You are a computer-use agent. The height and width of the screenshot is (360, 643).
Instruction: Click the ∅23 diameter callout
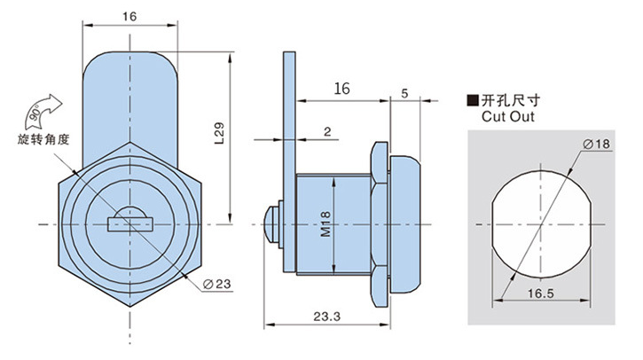click(x=216, y=284)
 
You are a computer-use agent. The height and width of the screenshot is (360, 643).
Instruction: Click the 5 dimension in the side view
click(x=404, y=92)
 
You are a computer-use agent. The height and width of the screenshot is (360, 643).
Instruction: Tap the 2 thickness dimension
click(x=328, y=131)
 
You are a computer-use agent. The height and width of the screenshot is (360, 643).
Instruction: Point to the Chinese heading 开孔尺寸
click(x=506, y=100)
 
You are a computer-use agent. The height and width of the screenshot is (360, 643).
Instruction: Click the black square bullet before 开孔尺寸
click(x=473, y=100)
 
